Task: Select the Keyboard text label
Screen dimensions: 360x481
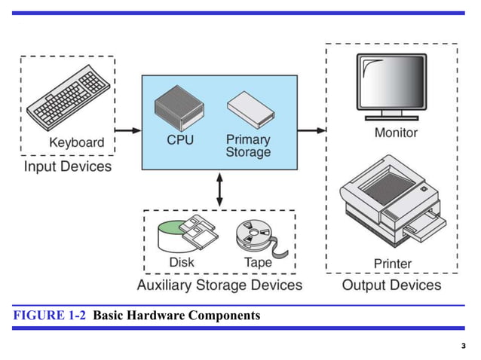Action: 77,142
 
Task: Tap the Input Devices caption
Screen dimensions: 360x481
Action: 68,166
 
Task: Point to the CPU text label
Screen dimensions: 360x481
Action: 181,140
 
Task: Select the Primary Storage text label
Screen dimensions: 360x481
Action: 248,145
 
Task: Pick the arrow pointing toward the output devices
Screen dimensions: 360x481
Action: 311,130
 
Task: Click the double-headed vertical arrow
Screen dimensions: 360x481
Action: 219,189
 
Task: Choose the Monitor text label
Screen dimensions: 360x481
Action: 396,133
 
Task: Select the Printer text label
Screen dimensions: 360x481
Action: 393,263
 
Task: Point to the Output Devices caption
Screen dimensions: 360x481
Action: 391,285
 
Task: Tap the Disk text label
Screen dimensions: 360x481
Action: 181,262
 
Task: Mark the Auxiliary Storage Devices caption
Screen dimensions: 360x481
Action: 219,285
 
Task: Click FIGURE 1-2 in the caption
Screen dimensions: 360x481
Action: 49,315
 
